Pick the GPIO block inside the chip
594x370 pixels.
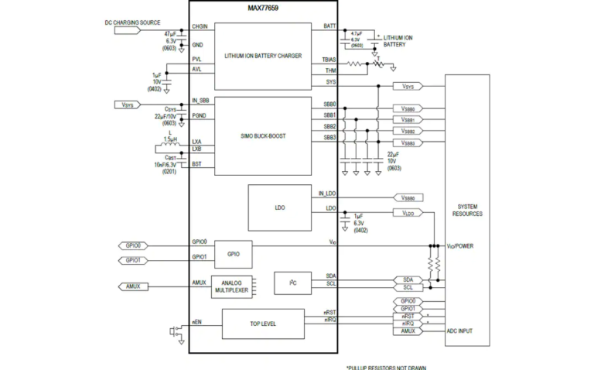233,254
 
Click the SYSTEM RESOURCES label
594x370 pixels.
467,209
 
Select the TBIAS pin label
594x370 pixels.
328,59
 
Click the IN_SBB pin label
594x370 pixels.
201,101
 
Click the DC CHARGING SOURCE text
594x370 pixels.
132,22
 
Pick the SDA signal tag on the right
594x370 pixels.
408,279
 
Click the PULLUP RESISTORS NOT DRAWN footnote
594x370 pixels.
386,367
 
